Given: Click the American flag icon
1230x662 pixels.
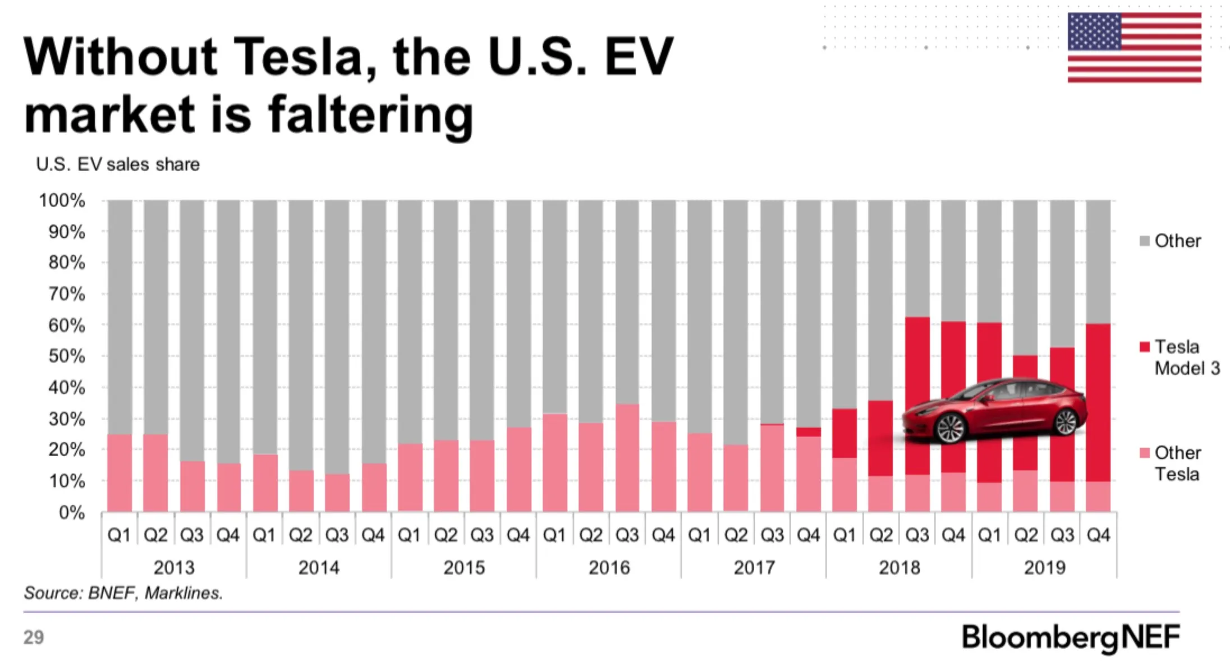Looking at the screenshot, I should [x=1134, y=47].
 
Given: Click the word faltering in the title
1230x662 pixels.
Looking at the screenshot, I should [x=371, y=114].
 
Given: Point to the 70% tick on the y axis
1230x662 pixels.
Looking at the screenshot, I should [x=67, y=293].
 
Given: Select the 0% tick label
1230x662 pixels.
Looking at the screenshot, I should [x=72, y=512].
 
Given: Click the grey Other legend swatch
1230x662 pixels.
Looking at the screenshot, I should [x=1145, y=241].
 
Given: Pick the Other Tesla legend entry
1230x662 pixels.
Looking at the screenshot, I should [x=1177, y=463].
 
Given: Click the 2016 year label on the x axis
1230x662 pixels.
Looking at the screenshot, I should [x=609, y=568].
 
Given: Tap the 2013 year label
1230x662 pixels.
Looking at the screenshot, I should [x=173, y=568].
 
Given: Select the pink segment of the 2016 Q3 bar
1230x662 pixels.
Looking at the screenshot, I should [x=627, y=457].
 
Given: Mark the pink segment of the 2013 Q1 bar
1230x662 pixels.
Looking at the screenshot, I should [x=120, y=472].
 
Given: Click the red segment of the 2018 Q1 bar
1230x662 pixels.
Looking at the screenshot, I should [x=845, y=433].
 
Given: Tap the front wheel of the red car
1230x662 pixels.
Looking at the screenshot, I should [x=950, y=427].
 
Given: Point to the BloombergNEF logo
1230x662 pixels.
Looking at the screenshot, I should [x=1070, y=637].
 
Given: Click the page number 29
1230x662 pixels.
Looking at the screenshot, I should [x=34, y=637].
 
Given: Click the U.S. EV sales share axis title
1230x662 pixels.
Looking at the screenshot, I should [x=118, y=164].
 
